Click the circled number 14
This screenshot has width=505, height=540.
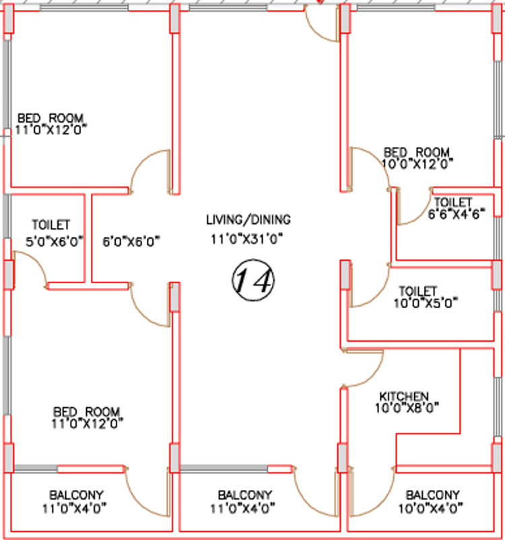click(253, 280)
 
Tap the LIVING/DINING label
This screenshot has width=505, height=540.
click(248, 220)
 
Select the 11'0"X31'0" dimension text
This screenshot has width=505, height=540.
click(246, 239)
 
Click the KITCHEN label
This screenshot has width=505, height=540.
click(404, 396)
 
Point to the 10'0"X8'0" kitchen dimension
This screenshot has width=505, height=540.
click(407, 408)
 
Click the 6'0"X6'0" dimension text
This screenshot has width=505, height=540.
click(131, 241)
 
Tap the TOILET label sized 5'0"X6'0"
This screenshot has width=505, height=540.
click(51, 225)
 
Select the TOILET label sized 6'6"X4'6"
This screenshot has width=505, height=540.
click(452, 202)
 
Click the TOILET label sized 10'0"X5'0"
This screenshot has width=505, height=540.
click(417, 291)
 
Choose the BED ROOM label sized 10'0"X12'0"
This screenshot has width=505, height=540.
click(417, 152)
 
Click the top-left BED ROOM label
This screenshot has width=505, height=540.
click(50, 118)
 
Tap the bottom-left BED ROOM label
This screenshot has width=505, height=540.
click(86, 412)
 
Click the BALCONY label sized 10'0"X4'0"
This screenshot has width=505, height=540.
click(433, 496)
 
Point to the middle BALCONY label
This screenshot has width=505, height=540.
click(245, 496)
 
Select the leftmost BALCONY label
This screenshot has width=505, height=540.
click(76, 496)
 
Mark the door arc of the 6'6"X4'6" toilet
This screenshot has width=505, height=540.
click(422, 214)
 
